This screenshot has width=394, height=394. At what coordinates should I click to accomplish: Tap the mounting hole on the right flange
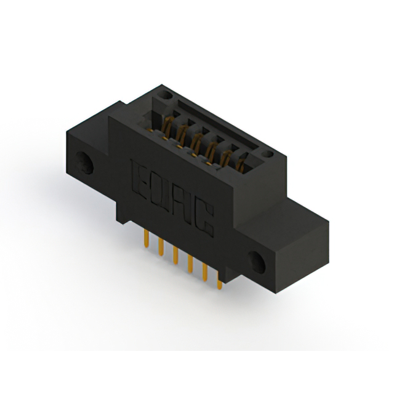[257, 262]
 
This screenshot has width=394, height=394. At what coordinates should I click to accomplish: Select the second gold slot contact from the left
[182, 134]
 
